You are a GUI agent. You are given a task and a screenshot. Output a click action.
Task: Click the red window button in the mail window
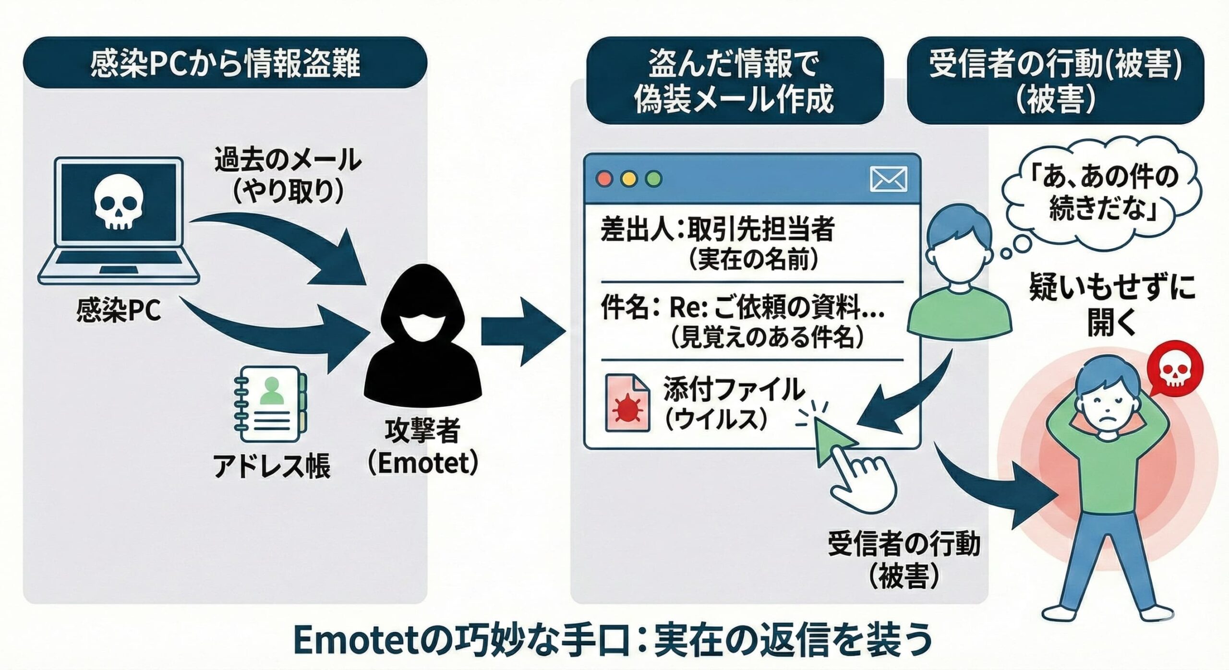point(604,179)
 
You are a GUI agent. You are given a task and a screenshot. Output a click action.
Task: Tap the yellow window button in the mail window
point(629,179)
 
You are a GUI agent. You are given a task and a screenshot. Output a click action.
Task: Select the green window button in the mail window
point(654,179)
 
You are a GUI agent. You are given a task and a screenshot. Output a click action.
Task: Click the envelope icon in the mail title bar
point(888,179)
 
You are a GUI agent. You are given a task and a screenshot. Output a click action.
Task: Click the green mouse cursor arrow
point(833,439)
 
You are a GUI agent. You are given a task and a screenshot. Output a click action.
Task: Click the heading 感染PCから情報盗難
point(225,62)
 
